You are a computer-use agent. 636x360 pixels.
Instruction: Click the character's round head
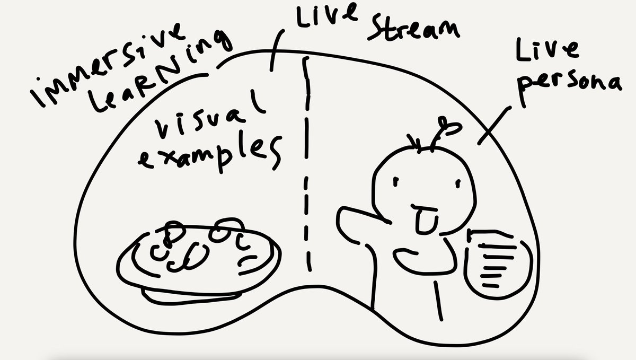coord(424,180)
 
